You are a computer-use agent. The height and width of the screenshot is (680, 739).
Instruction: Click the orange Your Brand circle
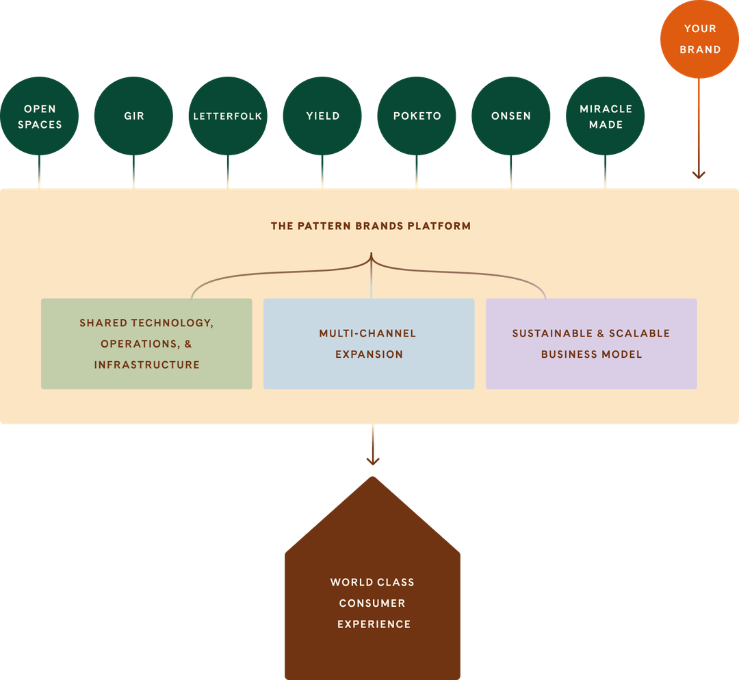click(699, 39)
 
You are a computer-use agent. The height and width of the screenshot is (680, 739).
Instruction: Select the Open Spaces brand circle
click(40, 116)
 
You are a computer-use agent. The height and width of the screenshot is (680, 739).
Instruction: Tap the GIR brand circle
click(134, 116)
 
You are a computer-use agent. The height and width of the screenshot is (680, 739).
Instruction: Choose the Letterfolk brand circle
click(228, 116)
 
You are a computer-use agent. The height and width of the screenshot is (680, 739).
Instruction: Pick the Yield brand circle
click(322, 116)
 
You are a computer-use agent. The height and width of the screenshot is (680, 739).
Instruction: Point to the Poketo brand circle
click(417, 116)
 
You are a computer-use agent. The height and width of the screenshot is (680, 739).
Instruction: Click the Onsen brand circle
click(511, 116)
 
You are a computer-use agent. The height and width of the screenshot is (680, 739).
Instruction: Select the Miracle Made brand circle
click(606, 116)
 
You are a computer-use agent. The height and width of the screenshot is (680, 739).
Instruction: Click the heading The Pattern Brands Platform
click(371, 226)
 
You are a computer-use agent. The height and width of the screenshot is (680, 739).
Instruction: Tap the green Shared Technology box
click(146, 343)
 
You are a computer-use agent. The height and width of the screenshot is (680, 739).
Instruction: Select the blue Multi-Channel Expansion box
click(369, 343)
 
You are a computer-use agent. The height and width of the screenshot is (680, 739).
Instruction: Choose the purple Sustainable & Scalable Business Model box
click(591, 343)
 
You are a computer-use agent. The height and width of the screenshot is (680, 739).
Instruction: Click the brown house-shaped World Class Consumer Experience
click(372, 588)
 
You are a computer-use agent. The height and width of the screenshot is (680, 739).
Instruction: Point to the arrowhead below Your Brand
click(699, 174)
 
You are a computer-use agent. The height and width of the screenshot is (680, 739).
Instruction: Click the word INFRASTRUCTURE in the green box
click(147, 365)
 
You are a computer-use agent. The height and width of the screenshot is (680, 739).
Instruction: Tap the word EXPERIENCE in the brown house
click(374, 624)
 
